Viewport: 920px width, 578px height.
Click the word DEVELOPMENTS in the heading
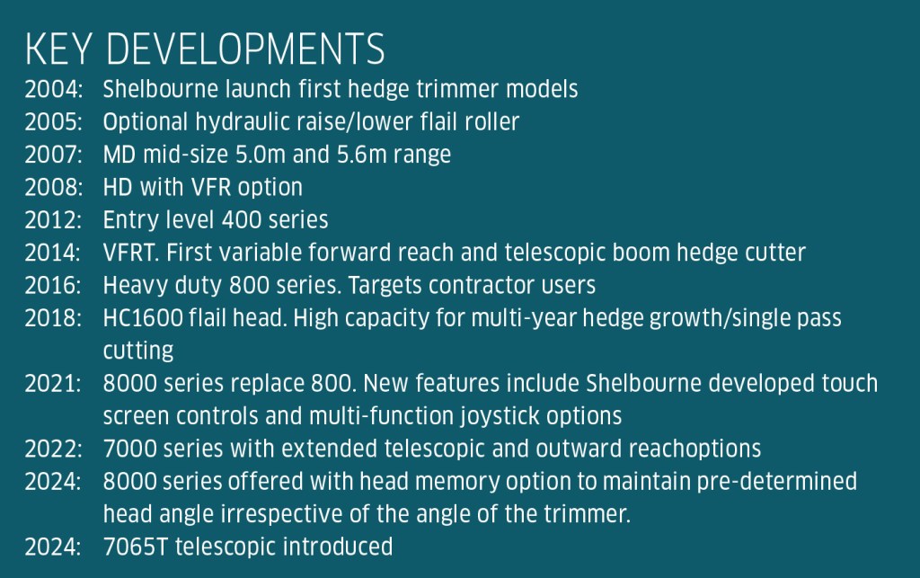[245, 49]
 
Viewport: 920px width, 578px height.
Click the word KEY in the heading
[58, 49]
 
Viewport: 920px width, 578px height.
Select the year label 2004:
[53, 90]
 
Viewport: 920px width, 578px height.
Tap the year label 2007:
[53, 155]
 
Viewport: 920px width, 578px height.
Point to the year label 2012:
[53, 220]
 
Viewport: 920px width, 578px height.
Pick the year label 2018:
[53, 318]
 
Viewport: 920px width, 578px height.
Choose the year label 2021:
[53, 384]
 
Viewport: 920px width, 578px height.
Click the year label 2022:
[53, 449]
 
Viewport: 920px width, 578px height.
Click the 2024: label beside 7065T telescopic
[53, 547]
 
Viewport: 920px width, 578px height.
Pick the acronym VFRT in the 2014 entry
[130, 253]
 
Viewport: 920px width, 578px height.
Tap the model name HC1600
[143, 318]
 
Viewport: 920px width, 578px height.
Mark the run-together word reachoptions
[694, 449]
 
